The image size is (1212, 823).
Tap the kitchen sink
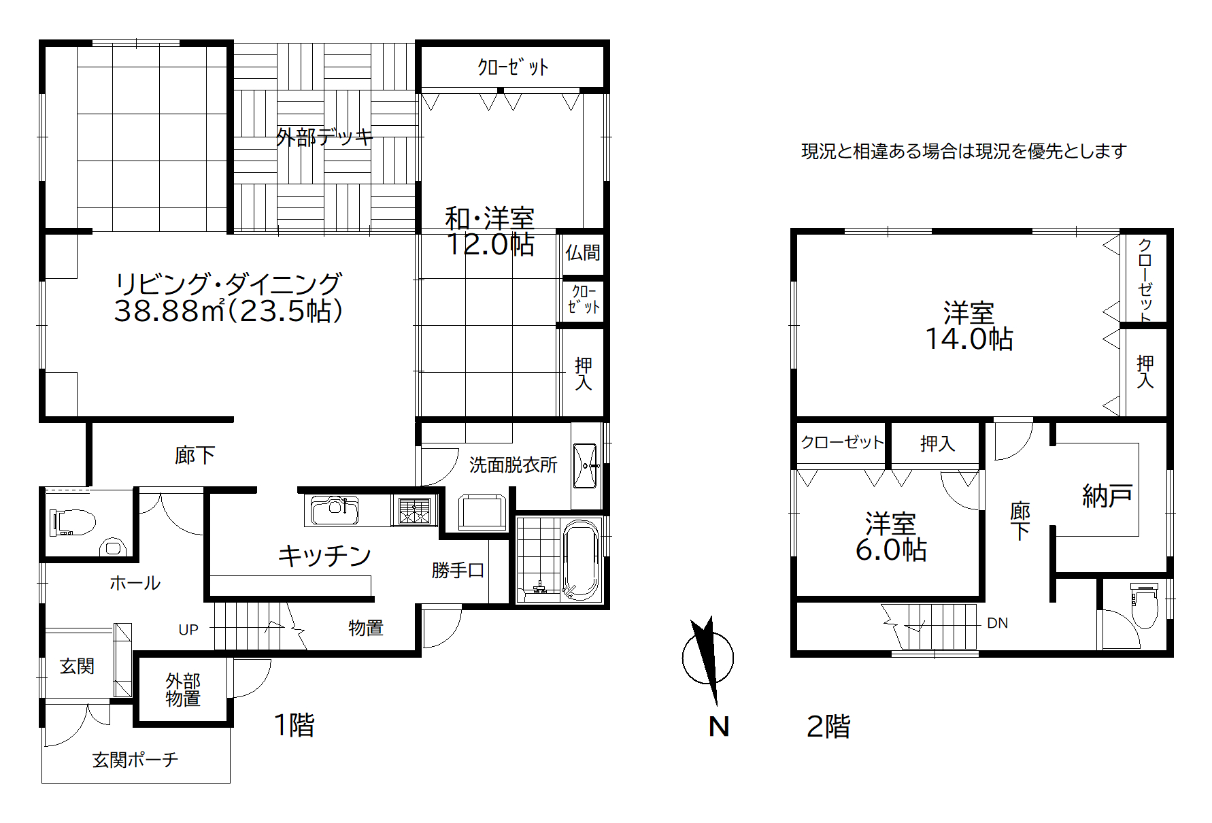(335, 510)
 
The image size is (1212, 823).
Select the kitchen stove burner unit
(415, 511)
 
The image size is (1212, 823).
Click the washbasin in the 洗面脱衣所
(585, 466)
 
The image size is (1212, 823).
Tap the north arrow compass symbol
(708, 658)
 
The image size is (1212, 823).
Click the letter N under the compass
(719, 726)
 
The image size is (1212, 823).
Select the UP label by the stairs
(188, 630)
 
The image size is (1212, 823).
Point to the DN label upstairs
(997, 623)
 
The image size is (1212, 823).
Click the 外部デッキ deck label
(324, 137)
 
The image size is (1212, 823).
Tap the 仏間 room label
(583, 252)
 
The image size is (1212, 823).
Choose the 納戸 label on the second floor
(1107, 496)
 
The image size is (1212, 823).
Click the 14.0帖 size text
(969, 339)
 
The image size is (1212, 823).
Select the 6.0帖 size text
(891, 550)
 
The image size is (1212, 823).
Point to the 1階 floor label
(294, 725)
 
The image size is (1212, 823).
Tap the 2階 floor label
(828, 726)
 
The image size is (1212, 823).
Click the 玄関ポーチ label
(135, 760)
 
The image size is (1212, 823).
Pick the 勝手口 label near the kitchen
(458, 570)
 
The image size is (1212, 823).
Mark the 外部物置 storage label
(183, 690)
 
